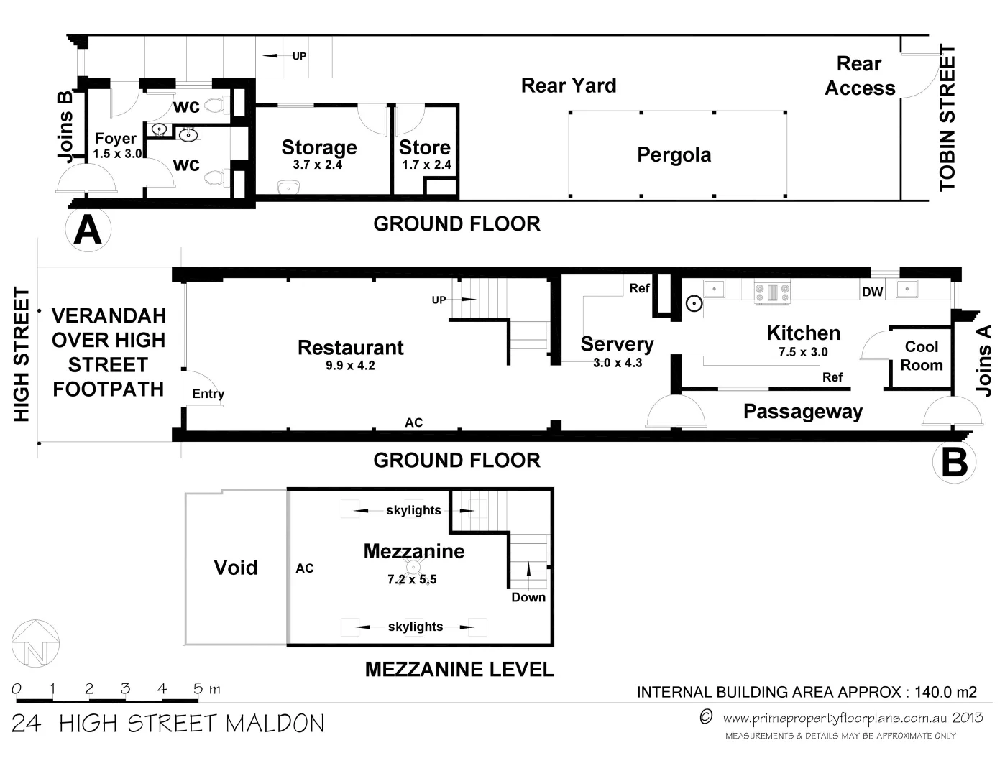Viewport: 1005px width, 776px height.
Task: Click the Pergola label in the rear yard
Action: (x=674, y=155)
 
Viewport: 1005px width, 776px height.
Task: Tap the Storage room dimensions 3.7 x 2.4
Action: (x=317, y=165)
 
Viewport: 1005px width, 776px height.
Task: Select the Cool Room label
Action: (x=922, y=356)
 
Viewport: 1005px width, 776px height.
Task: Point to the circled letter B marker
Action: (x=954, y=462)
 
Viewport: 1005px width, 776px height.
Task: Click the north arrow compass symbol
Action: (x=36, y=643)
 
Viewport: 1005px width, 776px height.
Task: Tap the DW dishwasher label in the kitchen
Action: (x=872, y=292)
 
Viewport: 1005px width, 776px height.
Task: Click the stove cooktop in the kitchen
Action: (x=772, y=292)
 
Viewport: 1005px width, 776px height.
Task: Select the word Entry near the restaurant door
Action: (x=208, y=394)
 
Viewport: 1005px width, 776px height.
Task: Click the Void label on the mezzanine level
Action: (x=235, y=568)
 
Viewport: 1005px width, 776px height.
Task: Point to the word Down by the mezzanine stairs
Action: (x=528, y=597)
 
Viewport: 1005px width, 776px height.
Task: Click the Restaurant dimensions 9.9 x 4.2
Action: (x=350, y=366)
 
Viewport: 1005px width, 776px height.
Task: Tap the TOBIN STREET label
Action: (x=947, y=117)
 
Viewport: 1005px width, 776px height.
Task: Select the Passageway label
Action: (x=803, y=411)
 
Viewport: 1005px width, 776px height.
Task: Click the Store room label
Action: (x=425, y=147)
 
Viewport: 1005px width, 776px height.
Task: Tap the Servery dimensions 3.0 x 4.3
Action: (x=618, y=363)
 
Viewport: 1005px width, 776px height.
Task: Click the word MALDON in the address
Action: (x=275, y=724)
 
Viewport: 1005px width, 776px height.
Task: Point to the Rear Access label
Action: (x=860, y=75)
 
